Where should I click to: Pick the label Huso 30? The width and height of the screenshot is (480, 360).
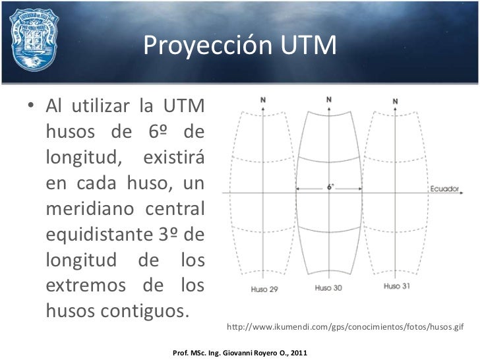pyautogui.click(x=328, y=288)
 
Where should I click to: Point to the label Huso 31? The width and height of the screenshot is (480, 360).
pyautogui.click(x=396, y=286)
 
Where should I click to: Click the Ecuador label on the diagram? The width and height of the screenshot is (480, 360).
pyautogui.click(x=444, y=189)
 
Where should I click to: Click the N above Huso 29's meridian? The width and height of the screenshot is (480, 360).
pyautogui.click(x=263, y=100)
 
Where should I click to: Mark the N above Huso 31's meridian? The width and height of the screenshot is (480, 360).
pyautogui.click(x=395, y=101)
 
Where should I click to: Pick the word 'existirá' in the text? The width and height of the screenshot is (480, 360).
pyautogui.click(x=173, y=158)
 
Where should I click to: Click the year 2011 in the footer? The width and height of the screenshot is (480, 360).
pyautogui.click(x=298, y=353)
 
